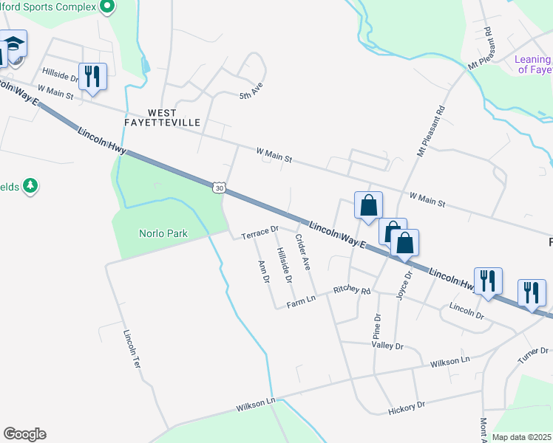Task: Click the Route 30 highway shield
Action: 219,188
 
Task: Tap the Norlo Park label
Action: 163,234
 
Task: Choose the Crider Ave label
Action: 302,252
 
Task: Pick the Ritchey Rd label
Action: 352,291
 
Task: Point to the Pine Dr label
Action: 377,326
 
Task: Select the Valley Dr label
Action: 387,346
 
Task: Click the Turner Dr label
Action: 533,354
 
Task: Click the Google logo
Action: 24,434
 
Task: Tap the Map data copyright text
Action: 521,437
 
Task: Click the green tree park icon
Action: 30,186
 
